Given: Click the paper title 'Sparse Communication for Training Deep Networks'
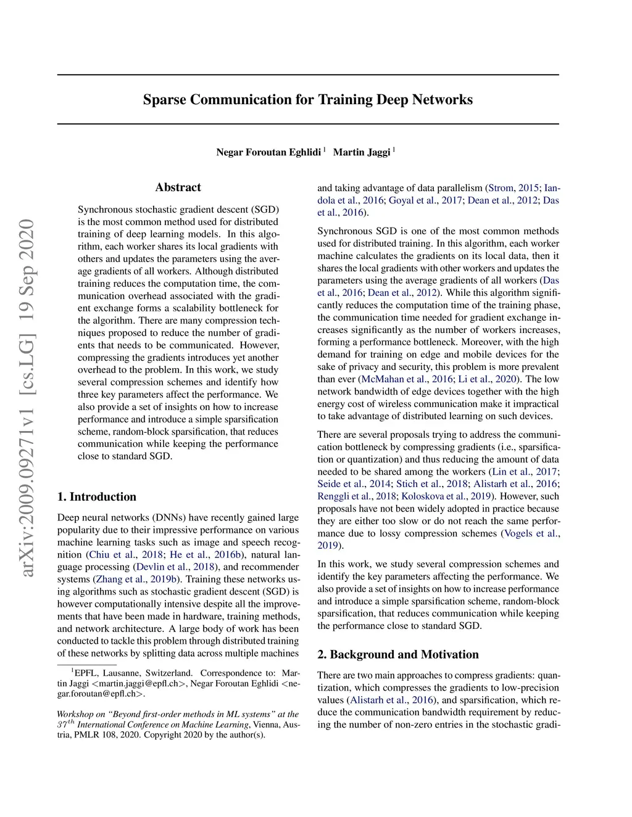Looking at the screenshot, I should point(307,100).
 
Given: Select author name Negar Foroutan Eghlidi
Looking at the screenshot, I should point(268,152).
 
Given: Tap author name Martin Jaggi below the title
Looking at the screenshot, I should point(362,152).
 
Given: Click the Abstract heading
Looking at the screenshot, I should point(178,187).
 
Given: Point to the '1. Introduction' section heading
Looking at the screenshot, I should point(97,497).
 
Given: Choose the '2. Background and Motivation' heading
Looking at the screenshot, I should point(398,655).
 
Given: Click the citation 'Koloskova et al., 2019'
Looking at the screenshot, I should point(446,496).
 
